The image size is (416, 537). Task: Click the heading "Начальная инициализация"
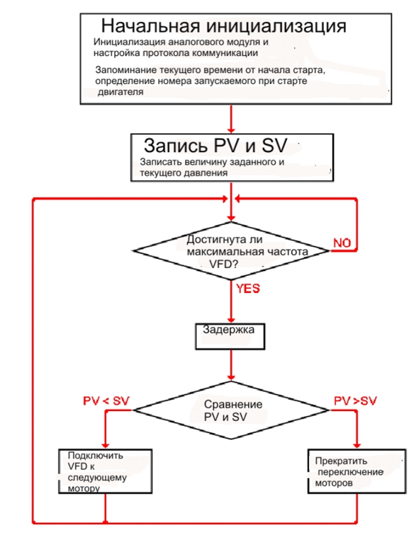coord(224,26)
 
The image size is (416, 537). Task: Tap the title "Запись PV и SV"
coord(215,145)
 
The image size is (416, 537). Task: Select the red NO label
coord(342,243)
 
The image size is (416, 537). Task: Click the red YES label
coord(248,289)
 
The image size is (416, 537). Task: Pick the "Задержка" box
coord(230,336)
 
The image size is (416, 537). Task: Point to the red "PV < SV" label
coord(106,400)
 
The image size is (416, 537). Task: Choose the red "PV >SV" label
coord(355,400)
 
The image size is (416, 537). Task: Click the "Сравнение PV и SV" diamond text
coord(233,410)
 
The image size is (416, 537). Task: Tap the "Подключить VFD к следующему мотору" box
coord(106,471)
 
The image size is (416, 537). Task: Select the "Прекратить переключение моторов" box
coord(356,471)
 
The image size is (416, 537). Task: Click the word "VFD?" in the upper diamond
coord(223,264)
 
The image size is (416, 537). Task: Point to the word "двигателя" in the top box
coord(120,92)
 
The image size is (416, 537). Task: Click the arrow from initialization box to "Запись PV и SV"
coord(231,119)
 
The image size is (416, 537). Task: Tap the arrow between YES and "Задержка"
coord(231,301)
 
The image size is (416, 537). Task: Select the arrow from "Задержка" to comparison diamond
coord(231,365)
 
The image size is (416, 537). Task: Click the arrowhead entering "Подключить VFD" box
coord(106,445)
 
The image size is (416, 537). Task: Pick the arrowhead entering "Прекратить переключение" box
coord(356,445)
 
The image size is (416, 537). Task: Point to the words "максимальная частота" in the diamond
coord(247,252)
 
